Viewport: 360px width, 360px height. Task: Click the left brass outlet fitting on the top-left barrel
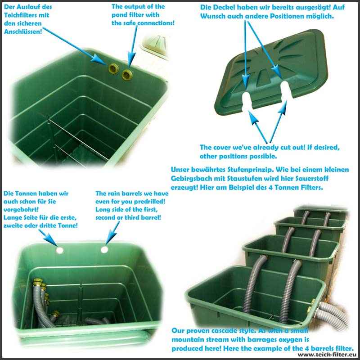point(113,68)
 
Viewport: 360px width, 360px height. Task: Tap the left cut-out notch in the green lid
point(247,100)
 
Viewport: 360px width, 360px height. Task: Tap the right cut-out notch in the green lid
point(286,90)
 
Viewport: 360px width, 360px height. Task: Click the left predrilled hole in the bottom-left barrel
point(60,250)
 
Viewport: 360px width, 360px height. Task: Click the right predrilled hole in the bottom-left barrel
point(104,249)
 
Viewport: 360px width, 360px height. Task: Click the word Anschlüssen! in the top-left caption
point(23,31)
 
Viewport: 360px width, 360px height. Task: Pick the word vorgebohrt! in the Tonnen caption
point(21,210)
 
